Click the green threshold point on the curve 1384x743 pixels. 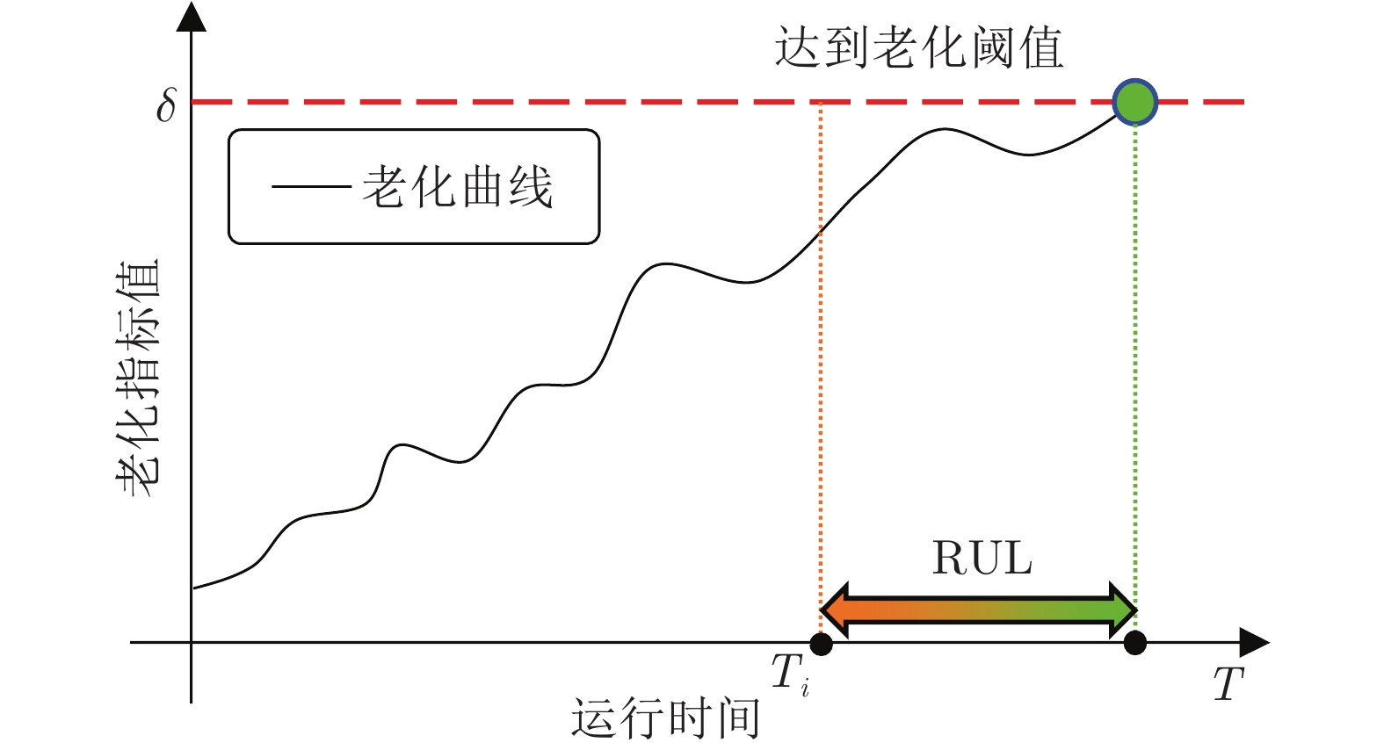(x=1134, y=102)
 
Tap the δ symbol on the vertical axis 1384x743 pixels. (x=166, y=105)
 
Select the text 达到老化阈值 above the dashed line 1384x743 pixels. (x=918, y=47)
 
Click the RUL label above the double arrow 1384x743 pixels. (x=982, y=559)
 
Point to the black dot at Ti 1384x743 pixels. (x=821, y=644)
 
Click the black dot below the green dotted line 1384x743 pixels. (x=1134, y=644)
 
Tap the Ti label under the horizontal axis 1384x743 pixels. (x=790, y=674)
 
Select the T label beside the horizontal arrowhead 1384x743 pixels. (x=1228, y=684)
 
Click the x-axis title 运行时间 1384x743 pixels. (x=665, y=718)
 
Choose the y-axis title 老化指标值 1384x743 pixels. (x=139, y=378)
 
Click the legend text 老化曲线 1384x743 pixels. (x=457, y=187)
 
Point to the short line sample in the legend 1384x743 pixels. (x=311, y=187)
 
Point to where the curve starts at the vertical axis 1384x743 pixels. (x=193, y=588)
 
